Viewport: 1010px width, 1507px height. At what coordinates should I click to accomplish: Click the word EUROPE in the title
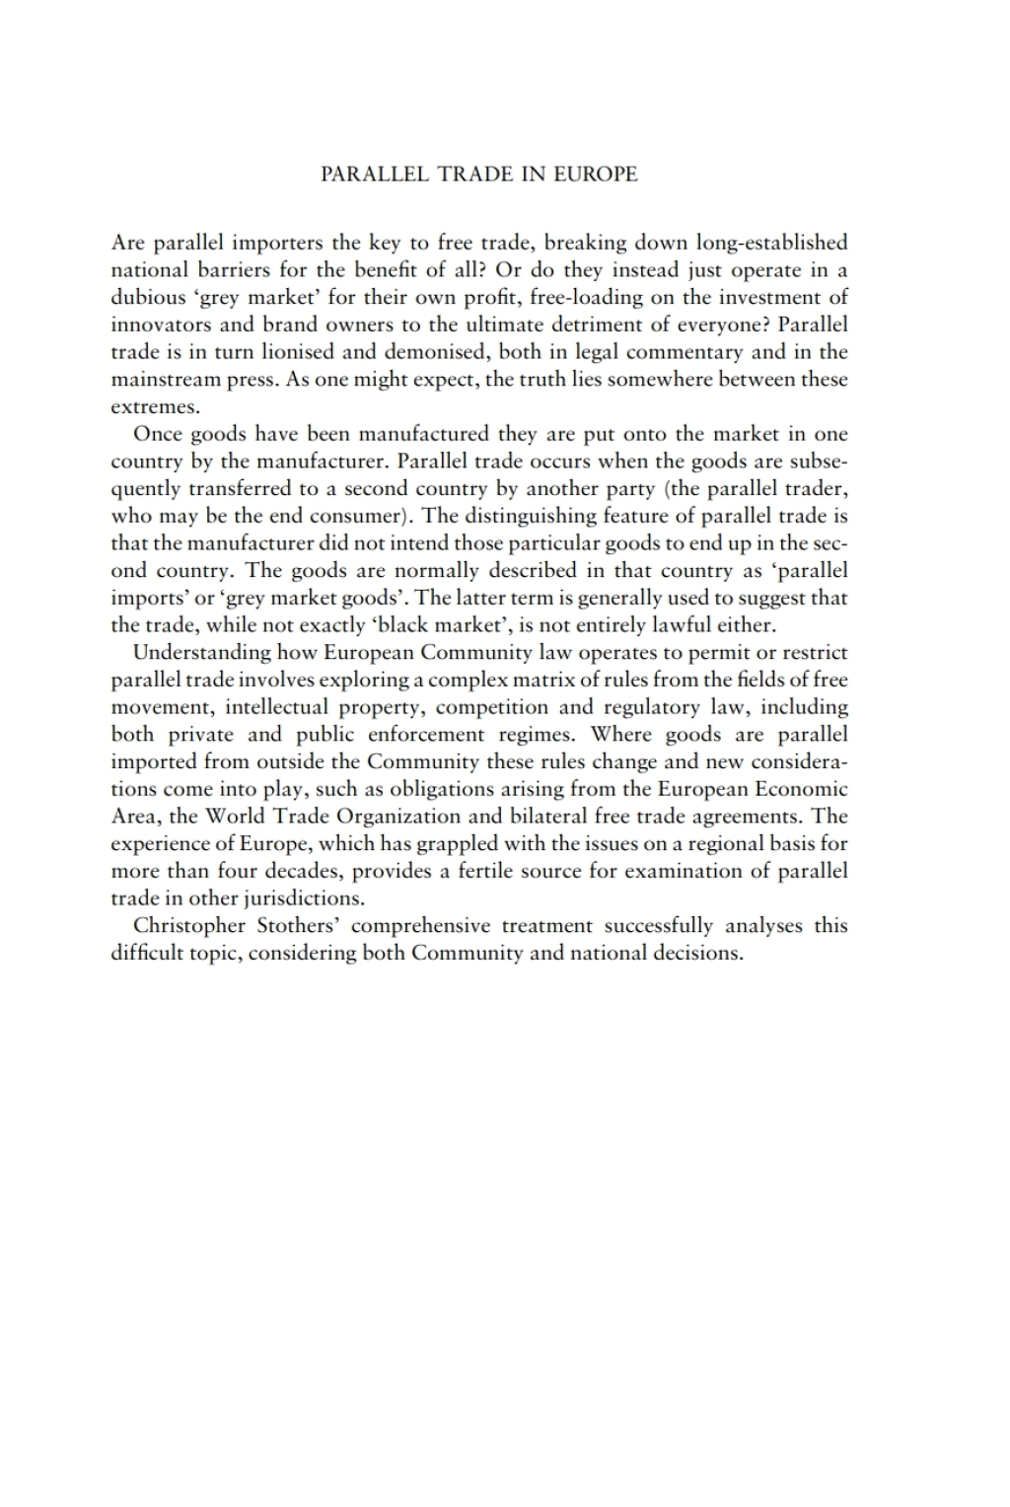595,175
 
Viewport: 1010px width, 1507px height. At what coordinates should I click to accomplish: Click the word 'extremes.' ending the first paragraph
155,406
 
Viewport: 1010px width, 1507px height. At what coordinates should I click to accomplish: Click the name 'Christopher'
189,926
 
